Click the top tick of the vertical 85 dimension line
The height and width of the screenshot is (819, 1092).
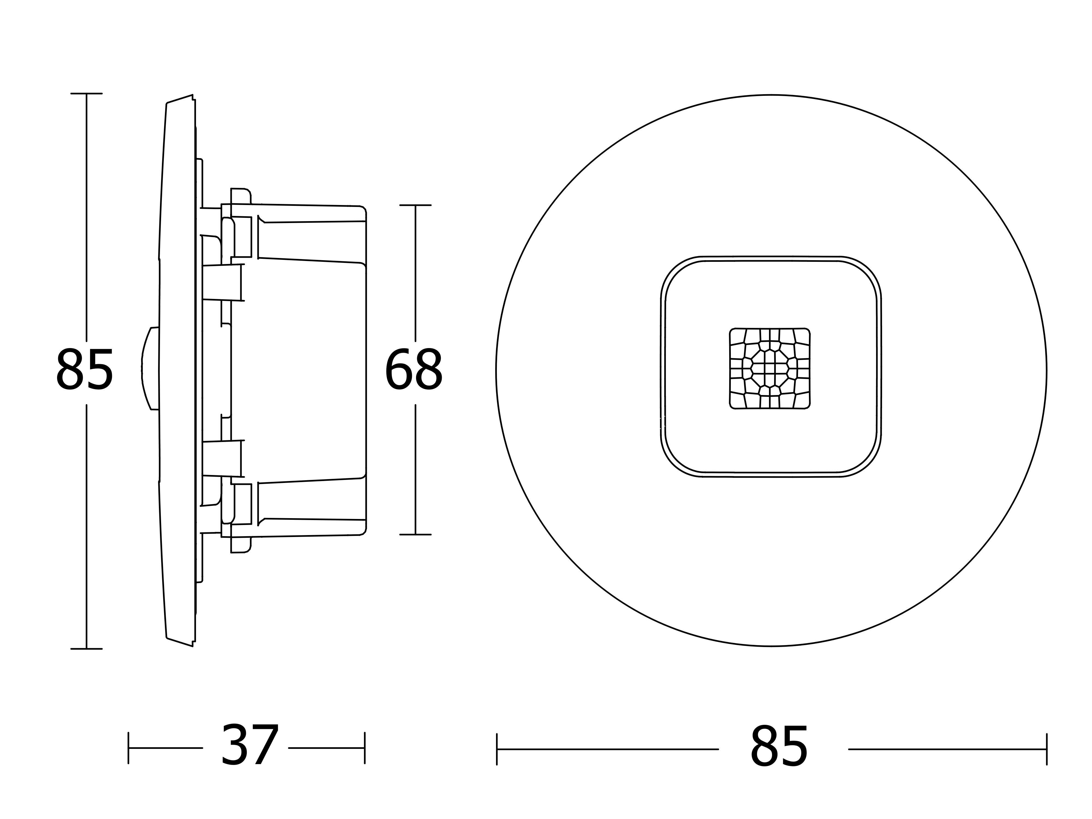pos(86,93)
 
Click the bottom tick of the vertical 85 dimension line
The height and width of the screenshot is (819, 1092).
pos(86,649)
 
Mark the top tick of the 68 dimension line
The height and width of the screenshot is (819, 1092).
pos(415,205)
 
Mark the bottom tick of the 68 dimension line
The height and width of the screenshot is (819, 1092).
pos(415,534)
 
